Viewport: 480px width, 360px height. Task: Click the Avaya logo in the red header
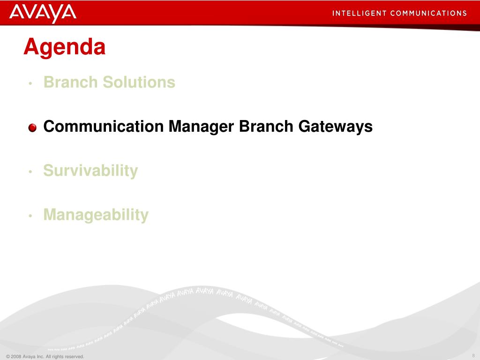tap(43, 13)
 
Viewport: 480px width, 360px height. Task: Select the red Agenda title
tap(65, 47)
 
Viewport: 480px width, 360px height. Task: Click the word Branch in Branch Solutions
tap(71, 82)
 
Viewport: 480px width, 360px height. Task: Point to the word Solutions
tap(139, 82)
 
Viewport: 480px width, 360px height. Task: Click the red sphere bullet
tap(32, 127)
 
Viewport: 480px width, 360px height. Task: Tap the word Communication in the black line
tap(104, 126)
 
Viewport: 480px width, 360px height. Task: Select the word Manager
tap(201, 127)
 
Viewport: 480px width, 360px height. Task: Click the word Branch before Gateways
tap(266, 126)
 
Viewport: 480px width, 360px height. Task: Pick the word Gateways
tap(335, 127)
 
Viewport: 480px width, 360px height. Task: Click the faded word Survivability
tap(90, 171)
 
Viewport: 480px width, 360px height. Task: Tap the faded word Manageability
tap(96, 215)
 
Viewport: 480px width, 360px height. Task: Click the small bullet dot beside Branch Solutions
tap(30, 83)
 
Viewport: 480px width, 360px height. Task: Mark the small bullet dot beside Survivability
tap(30, 172)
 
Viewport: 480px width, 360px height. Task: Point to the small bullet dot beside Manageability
tap(30, 216)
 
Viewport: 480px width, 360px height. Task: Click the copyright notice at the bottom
tap(45, 356)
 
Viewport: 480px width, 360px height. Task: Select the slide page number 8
tap(473, 355)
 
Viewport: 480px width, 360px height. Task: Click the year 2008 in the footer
tap(16, 356)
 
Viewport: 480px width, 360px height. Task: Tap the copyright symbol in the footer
tap(8, 356)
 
